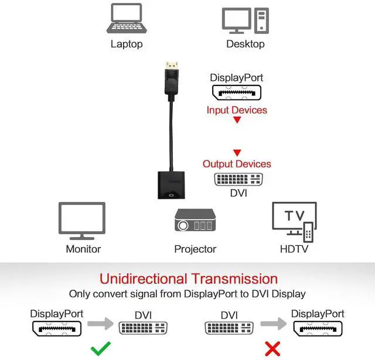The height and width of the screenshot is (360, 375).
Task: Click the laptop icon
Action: (x=126, y=19)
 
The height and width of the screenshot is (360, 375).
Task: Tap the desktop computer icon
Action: (x=245, y=20)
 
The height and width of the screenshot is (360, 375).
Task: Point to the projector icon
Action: (x=195, y=221)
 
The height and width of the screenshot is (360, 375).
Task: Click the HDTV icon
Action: (x=294, y=221)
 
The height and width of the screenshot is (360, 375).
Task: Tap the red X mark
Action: (x=272, y=349)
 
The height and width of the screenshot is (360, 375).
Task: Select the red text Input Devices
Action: (x=237, y=110)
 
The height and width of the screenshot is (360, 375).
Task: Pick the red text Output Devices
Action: (x=237, y=164)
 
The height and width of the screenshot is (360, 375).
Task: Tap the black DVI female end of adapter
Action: (x=171, y=185)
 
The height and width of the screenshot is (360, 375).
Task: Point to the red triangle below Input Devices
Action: (x=237, y=121)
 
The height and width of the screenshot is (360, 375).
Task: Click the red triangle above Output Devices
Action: (x=237, y=153)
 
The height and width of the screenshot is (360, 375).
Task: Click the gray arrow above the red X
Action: (x=272, y=323)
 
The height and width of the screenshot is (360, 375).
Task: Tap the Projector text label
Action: (x=195, y=249)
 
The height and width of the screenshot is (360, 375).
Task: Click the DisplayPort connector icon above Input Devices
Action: (x=236, y=92)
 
